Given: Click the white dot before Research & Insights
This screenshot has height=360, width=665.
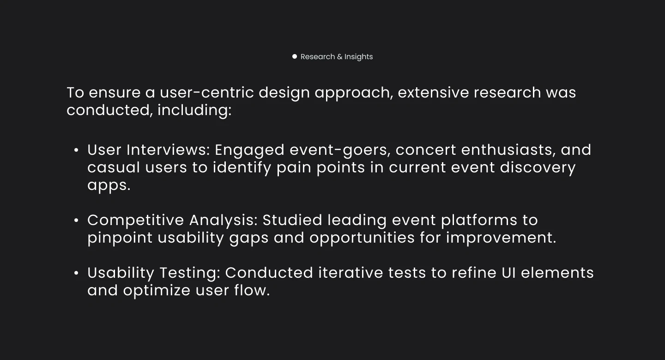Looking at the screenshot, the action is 294,56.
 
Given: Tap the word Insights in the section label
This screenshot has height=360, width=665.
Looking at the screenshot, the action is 358,57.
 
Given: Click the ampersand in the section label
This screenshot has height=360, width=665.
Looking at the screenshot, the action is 339,57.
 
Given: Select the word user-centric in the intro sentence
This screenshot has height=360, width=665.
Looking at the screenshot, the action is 206,92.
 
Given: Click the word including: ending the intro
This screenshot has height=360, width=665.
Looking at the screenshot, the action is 194,110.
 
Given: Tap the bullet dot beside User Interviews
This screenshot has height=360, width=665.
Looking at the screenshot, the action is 76,150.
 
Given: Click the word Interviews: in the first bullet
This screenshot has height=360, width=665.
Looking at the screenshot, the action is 168,150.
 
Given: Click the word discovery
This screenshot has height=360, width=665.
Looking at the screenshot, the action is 538,168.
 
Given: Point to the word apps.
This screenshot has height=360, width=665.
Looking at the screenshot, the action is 109,186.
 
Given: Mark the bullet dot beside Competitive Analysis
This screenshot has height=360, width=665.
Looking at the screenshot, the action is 76,220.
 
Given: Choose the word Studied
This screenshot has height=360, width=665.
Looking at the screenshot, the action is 292,220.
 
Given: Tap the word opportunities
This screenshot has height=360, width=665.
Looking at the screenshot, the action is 362,238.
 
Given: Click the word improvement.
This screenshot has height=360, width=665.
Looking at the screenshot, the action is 501,238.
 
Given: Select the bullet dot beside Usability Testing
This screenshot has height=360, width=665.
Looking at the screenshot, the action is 76,273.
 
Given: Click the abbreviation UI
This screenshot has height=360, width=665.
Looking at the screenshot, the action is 508,273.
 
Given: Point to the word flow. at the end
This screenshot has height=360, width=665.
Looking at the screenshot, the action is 252,290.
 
